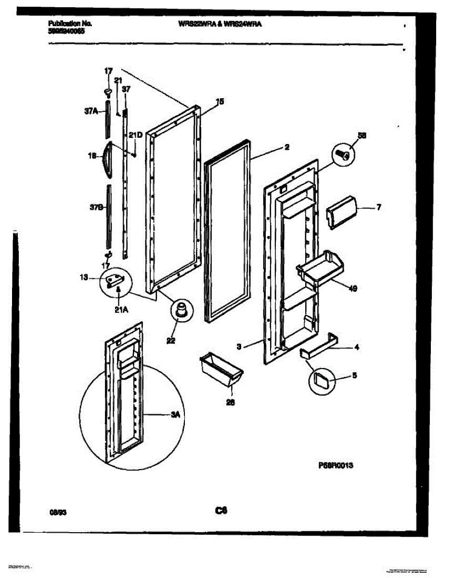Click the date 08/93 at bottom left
(57, 513)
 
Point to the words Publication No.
(70, 23)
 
